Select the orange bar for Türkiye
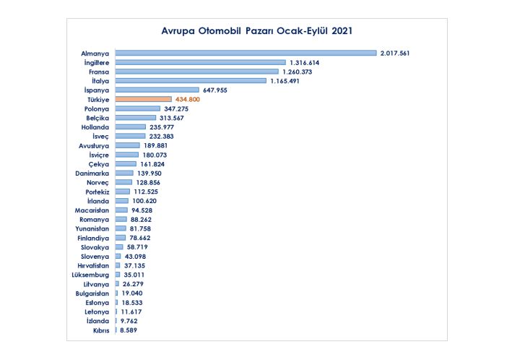tap(143, 99)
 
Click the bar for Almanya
tap(246, 53)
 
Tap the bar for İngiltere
tap(200, 62)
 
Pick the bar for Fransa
tap(196, 72)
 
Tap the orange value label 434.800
tap(187, 99)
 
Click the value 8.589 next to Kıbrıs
tap(128, 330)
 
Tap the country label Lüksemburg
tap(90, 275)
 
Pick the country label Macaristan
tap(92, 210)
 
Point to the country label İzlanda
tap(97, 321)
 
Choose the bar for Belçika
tap(135, 117)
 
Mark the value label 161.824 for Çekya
tap(154, 163)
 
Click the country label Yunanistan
tap(92, 228)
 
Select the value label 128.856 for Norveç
tap(150, 182)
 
